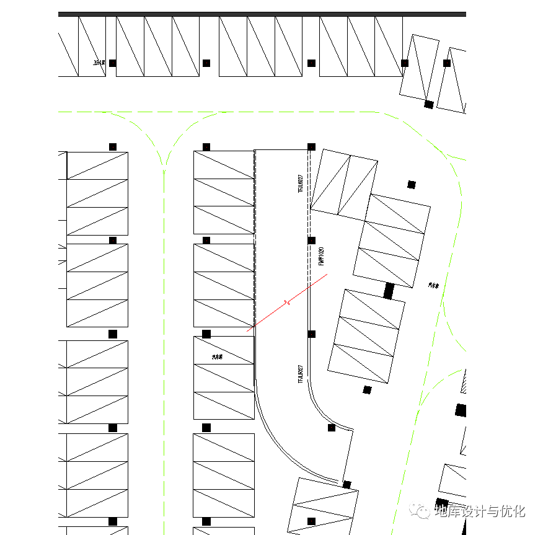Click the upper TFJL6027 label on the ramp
point(301,183)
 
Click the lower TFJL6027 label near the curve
point(301,374)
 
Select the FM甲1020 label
point(321,257)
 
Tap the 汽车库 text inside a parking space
point(217,357)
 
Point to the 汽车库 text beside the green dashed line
point(433,286)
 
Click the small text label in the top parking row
point(97,63)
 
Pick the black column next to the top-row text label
point(113,63)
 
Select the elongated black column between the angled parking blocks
point(389,291)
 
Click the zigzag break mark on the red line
point(286,303)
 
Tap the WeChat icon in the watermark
point(423,511)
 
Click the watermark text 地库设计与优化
point(480,511)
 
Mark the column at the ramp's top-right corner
point(311,147)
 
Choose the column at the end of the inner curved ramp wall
point(332,428)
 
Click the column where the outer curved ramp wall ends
point(347,484)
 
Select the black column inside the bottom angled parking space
point(311,521)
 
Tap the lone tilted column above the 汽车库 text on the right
point(411,184)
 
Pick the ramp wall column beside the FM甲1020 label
point(312,241)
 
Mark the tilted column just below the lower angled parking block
point(367,390)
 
